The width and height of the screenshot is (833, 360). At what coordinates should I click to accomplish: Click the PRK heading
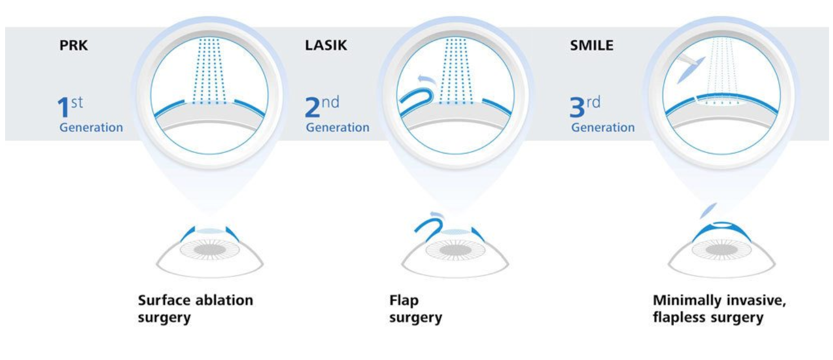(x=74, y=45)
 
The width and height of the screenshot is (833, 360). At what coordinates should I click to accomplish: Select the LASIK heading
(x=326, y=45)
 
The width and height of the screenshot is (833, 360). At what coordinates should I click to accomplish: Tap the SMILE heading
(x=591, y=45)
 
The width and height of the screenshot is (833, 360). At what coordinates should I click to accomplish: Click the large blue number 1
(x=63, y=107)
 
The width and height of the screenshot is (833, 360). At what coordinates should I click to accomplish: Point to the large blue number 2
(x=313, y=107)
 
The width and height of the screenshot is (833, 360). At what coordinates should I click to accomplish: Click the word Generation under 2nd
(x=337, y=128)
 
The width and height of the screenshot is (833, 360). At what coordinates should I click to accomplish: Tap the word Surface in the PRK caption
(x=164, y=300)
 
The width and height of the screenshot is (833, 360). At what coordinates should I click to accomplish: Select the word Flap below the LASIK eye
(x=404, y=300)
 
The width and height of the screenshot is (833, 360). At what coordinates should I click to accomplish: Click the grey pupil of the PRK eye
(x=209, y=249)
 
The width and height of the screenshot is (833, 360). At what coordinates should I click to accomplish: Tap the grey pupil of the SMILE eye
(x=721, y=249)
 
